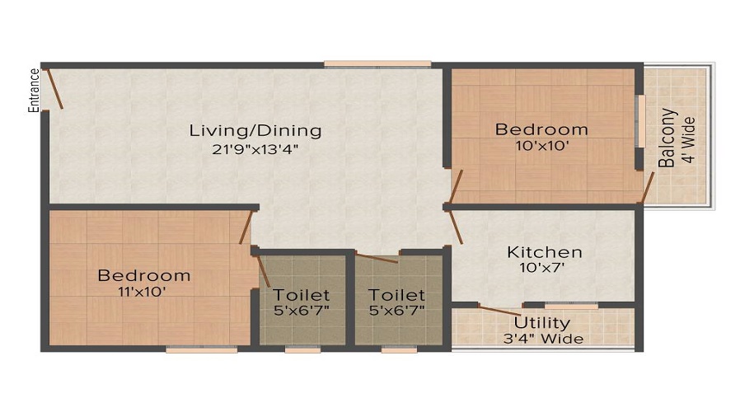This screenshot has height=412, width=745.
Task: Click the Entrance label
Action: [35, 90]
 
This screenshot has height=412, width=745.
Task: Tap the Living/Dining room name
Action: [255, 130]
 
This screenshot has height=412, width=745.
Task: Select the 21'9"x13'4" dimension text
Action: [255, 149]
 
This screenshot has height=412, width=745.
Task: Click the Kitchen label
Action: [544, 252]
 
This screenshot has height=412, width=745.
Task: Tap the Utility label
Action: [542, 322]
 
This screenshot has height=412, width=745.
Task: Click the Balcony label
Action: [670, 138]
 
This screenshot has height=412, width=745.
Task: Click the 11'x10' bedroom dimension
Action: [143, 291]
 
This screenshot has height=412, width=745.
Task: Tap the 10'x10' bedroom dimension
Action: [541, 146]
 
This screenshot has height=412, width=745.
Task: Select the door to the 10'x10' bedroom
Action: [456, 186]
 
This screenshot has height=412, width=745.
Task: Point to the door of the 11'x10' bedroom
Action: [245, 227]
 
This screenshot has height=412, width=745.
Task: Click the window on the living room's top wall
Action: [377, 63]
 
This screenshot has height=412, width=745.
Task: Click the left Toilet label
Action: [302, 294]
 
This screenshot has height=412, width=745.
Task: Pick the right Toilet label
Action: [397, 294]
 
